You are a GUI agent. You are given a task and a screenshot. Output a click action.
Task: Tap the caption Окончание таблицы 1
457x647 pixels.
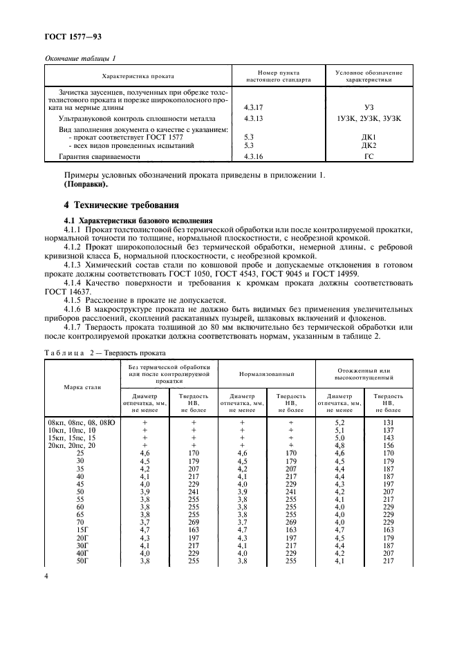click(80, 58)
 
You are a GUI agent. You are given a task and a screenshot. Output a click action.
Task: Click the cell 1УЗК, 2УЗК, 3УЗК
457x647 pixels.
click(368, 119)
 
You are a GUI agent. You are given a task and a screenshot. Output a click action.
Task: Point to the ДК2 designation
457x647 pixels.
click(368, 146)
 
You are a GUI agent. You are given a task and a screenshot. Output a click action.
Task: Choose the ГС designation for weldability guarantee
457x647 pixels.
click(368, 157)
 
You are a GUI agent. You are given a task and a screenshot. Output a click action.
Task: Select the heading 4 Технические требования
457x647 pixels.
click(122, 205)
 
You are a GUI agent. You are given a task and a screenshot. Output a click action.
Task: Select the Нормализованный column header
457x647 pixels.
click(267, 373)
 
